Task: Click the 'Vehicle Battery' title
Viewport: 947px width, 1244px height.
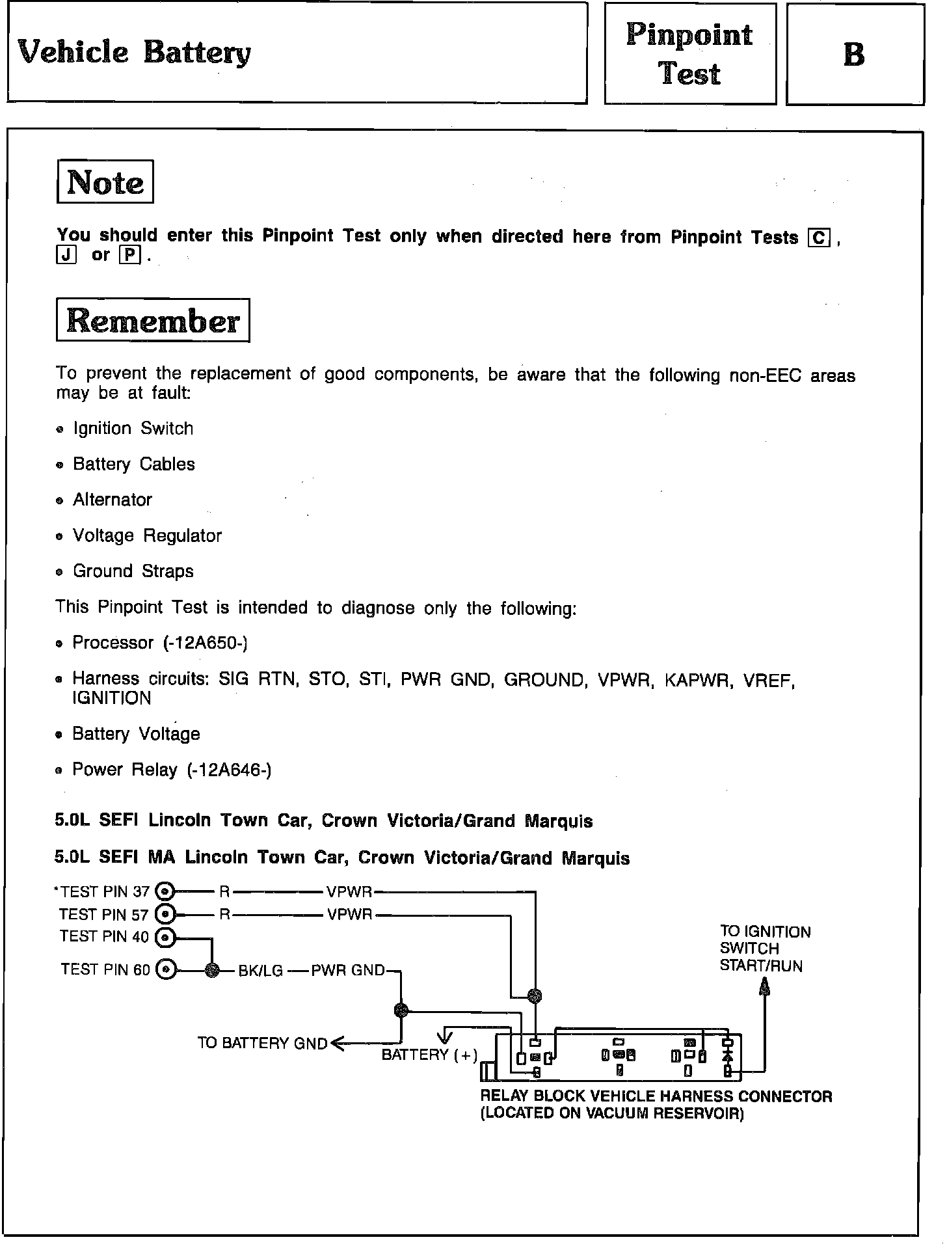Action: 134,52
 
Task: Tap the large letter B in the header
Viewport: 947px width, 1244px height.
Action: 854,54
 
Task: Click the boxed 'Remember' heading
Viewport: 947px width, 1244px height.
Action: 153,320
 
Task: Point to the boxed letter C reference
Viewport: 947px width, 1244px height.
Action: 819,238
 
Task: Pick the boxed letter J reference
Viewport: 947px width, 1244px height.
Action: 66,256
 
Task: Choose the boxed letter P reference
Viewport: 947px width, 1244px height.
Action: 130,256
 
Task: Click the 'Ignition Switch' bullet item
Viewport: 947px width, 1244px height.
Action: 133,429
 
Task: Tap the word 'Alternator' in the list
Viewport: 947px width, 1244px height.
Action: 112,500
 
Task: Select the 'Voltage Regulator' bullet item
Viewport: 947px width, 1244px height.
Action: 147,535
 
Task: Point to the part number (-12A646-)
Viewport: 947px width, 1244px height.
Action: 229,770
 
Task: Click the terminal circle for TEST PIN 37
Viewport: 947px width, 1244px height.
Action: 166,891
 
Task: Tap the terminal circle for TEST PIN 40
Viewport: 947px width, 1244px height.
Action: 166,938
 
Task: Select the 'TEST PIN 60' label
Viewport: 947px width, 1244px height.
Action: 105,969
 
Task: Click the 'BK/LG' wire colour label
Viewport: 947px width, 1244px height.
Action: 260,971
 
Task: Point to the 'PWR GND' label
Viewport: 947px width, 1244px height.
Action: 348,970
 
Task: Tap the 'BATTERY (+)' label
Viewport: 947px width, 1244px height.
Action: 429,1055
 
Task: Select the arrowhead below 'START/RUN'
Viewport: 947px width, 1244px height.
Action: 765,987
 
